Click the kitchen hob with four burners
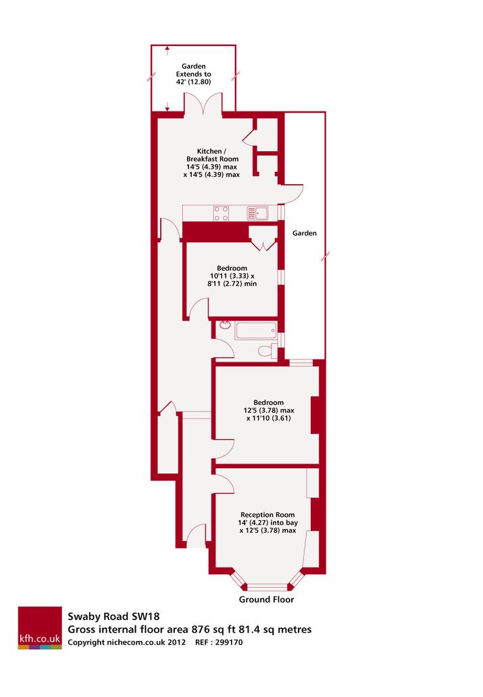pyautogui.click(x=222, y=213)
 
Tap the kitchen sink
pyautogui.click(x=258, y=213)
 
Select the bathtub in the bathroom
pyautogui.click(x=256, y=331)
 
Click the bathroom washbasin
pyautogui.click(x=224, y=325)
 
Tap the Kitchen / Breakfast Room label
pyautogui.click(x=212, y=155)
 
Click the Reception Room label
pyautogui.click(x=268, y=515)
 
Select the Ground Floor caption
pyautogui.click(x=266, y=599)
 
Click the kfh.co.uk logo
pyautogui.click(x=40, y=628)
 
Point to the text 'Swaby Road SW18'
pyautogui.click(x=113, y=617)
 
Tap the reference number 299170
pyautogui.click(x=229, y=642)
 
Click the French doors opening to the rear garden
pyautogui.click(x=203, y=103)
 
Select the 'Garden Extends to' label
pyautogui.click(x=194, y=70)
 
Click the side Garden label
pyautogui.click(x=305, y=233)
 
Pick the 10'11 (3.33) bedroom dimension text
pyautogui.click(x=232, y=276)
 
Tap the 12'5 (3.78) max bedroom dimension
pyautogui.click(x=268, y=410)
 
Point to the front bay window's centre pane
pyautogui.click(x=267, y=587)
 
